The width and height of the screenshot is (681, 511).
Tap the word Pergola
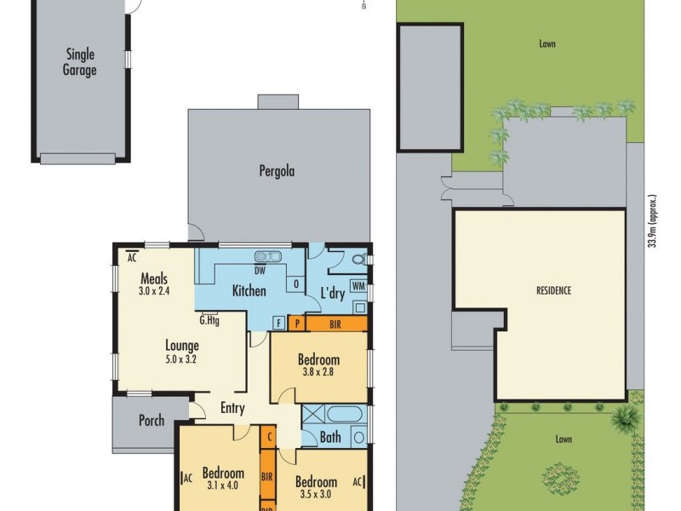pyautogui.click(x=277, y=170)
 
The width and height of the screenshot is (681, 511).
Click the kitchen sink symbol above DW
pyautogui.click(x=269, y=257)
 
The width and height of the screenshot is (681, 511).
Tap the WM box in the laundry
pyautogui.click(x=358, y=285)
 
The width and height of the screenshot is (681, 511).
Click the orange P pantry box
pyautogui.click(x=295, y=323)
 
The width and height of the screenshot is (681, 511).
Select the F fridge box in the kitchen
pyautogui.click(x=278, y=323)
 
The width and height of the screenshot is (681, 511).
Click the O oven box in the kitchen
pyautogui.click(x=295, y=283)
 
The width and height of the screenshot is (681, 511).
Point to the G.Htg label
pyautogui.click(x=209, y=321)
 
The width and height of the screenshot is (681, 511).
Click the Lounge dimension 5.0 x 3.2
pyautogui.click(x=182, y=359)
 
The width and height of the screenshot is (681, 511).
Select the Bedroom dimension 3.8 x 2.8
pyautogui.click(x=318, y=372)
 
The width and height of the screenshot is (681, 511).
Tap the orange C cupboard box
pyautogui.click(x=268, y=437)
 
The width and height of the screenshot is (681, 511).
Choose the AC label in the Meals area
pyautogui.click(x=132, y=255)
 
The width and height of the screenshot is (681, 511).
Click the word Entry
pyautogui.click(x=232, y=408)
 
